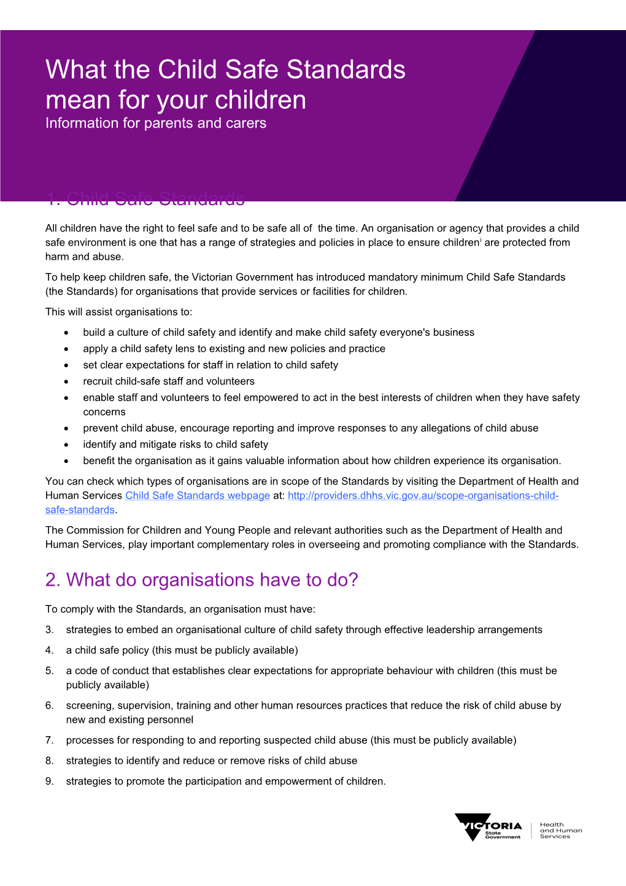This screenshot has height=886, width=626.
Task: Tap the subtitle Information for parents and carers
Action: pyautogui.click(x=156, y=123)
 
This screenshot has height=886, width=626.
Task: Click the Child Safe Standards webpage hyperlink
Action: pyautogui.click(x=198, y=495)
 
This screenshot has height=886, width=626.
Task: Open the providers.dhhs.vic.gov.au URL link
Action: pyautogui.click(x=423, y=495)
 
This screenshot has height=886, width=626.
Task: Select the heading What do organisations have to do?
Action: pyautogui.click(x=201, y=580)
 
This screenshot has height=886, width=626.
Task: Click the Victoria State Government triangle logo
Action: pyautogui.click(x=473, y=826)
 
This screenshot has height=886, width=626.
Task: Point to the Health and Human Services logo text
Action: pyautogui.click(x=560, y=831)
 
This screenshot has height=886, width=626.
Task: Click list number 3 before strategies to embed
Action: pyautogui.click(x=49, y=630)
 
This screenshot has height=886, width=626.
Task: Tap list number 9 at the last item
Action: pyautogui.click(x=49, y=782)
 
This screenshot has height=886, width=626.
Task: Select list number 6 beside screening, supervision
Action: pyautogui.click(x=49, y=705)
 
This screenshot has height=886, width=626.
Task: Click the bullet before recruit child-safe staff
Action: pyautogui.click(x=66, y=382)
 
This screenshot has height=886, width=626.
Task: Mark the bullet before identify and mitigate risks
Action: pyautogui.click(x=66, y=445)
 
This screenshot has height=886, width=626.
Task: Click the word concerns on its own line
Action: pyautogui.click(x=104, y=412)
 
